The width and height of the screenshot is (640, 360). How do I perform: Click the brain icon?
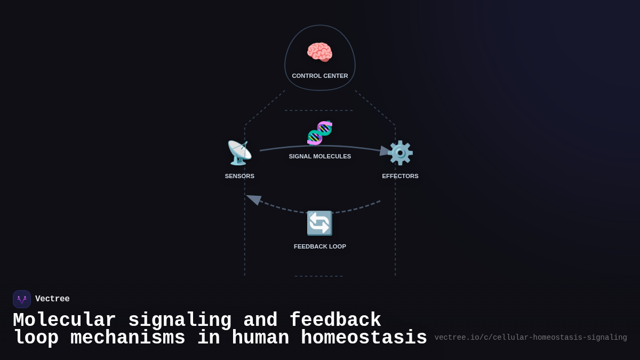coord(319,52)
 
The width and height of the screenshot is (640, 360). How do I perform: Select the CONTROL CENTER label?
coord(320,76)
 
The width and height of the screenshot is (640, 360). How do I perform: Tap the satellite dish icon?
coord(239,153)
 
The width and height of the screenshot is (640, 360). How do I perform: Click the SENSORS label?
coord(239,176)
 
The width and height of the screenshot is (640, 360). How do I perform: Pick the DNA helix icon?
coord(319,133)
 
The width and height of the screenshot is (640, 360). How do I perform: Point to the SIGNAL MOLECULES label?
coord(320,156)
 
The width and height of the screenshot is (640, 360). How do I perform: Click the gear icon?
coord(400,153)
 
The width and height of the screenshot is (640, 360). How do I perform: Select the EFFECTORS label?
coord(400,176)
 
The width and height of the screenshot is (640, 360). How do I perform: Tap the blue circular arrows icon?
coord(319,223)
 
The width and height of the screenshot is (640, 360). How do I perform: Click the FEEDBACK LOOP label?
coord(320,246)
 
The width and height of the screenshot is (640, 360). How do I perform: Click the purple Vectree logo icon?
coord(22,299)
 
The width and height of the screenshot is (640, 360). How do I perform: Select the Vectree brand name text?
coord(52,299)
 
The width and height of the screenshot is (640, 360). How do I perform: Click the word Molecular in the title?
coord(64,321)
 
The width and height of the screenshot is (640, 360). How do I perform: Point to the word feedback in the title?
coord(335,321)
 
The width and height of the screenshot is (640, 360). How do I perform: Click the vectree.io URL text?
coord(531,338)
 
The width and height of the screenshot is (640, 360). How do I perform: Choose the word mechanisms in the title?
coord(127,338)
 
